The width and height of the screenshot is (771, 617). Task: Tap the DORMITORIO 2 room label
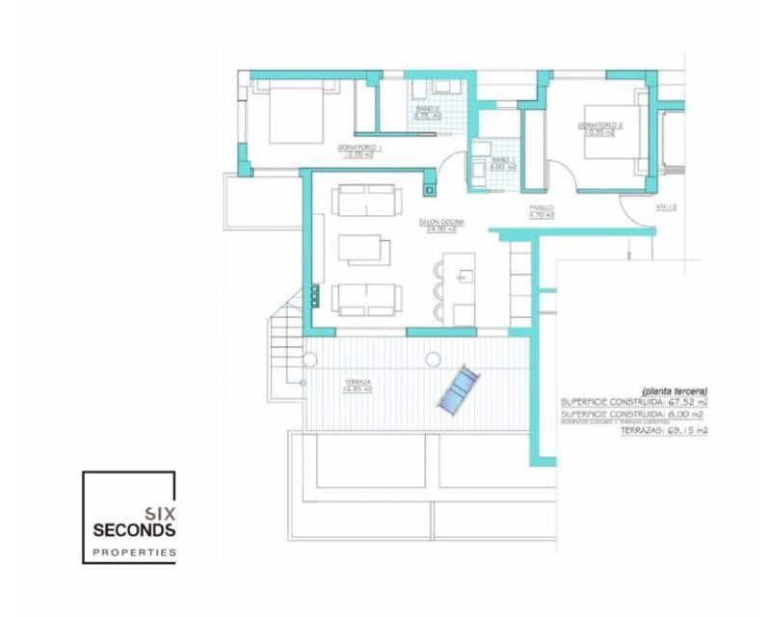[600, 126]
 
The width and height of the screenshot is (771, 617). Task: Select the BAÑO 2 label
[428, 113]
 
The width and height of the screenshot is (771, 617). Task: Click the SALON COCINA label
[441, 226]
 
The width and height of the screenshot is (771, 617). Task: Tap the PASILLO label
[541, 211]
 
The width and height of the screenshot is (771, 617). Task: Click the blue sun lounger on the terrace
[456, 391]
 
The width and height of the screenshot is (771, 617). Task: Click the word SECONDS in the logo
[133, 530]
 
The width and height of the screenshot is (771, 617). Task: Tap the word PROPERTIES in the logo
[133, 552]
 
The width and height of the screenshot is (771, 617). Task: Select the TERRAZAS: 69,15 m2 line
[664, 430]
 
